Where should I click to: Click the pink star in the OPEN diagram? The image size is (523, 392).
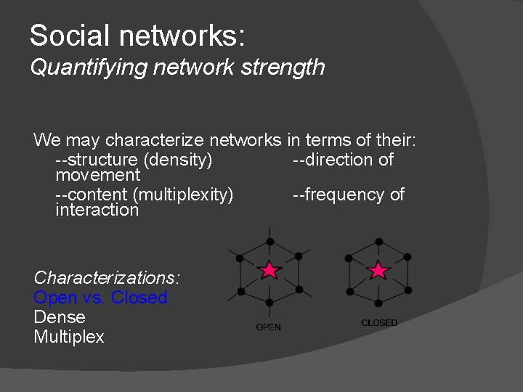269,271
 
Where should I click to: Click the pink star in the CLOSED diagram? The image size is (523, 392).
378,271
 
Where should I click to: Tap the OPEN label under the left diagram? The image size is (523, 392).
268,327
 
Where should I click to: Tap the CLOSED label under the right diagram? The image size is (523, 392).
379,322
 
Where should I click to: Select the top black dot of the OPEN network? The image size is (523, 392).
269,240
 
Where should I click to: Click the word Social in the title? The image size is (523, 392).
67,35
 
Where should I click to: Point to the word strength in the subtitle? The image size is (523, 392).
289,68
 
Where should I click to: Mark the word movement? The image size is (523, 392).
97,175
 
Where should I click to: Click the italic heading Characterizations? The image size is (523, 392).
107,277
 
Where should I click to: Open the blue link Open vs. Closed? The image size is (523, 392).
100,298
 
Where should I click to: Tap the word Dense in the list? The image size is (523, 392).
60,317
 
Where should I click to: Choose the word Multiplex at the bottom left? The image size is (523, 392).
69,337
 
